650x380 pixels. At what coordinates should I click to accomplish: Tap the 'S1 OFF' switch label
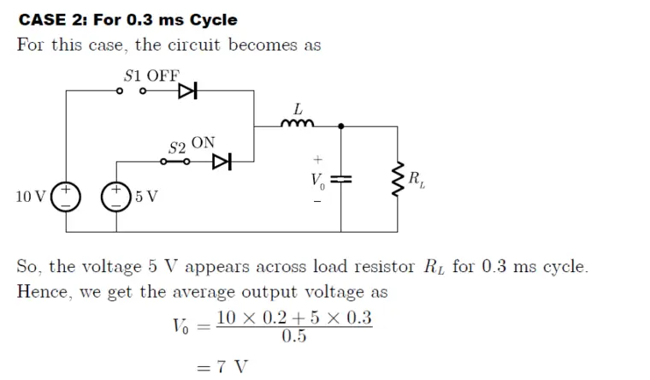click(151, 74)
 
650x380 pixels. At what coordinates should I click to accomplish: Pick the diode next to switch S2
click(222, 160)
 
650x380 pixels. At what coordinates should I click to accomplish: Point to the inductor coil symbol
click(298, 125)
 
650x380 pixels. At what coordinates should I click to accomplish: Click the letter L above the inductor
click(298, 110)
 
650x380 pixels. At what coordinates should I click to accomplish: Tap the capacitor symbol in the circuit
click(341, 179)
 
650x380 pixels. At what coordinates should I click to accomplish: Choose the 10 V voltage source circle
click(65, 196)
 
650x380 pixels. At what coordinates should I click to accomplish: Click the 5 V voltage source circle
click(116, 196)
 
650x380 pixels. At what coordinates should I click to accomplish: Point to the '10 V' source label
click(32, 197)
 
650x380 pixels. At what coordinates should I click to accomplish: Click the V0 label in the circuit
click(317, 181)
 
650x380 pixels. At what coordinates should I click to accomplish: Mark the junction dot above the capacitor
click(341, 126)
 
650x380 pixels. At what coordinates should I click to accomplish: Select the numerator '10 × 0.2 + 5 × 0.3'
click(294, 318)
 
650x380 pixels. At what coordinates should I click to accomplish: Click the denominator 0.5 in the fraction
click(294, 335)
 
